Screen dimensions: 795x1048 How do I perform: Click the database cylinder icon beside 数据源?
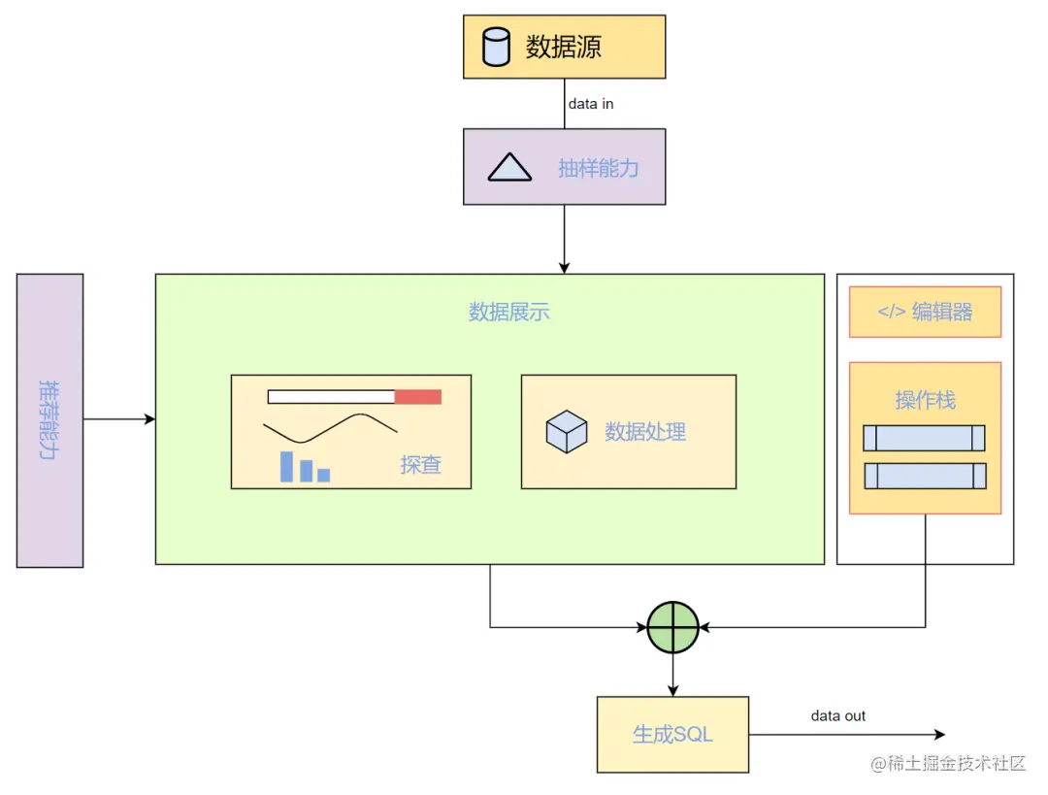[x=496, y=47]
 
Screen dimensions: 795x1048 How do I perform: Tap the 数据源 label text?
[x=563, y=47]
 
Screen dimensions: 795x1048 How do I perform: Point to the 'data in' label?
[x=590, y=104]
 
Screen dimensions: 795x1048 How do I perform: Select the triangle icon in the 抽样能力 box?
[x=509, y=168]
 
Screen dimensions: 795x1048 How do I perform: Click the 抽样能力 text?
[x=598, y=168]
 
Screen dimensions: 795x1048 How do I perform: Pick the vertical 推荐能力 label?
[x=49, y=419]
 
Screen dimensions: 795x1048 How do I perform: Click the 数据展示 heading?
[x=509, y=312]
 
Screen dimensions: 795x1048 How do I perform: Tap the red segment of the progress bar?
[x=418, y=396]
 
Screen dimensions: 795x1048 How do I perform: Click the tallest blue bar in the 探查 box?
[x=286, y=466]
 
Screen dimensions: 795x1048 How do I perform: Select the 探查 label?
[x=420, y=465]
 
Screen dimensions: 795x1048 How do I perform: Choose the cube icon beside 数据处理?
[x=567, y=432]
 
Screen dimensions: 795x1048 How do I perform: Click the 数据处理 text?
[x=645, y=432]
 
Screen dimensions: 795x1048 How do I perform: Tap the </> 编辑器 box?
[x=925, y=313]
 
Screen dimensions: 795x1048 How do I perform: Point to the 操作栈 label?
[x=925, y=399]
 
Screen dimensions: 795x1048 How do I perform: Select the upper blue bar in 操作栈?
[x=924, y=438]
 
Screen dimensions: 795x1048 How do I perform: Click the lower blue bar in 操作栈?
[x=925, y=476]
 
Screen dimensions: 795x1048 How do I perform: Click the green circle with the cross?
[x=672, y=627]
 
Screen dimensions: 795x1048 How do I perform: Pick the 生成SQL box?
[x=672, y=734]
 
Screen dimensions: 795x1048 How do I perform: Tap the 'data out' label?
[x=838, y=716]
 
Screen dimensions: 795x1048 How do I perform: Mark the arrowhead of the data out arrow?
[x=938, y=735]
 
